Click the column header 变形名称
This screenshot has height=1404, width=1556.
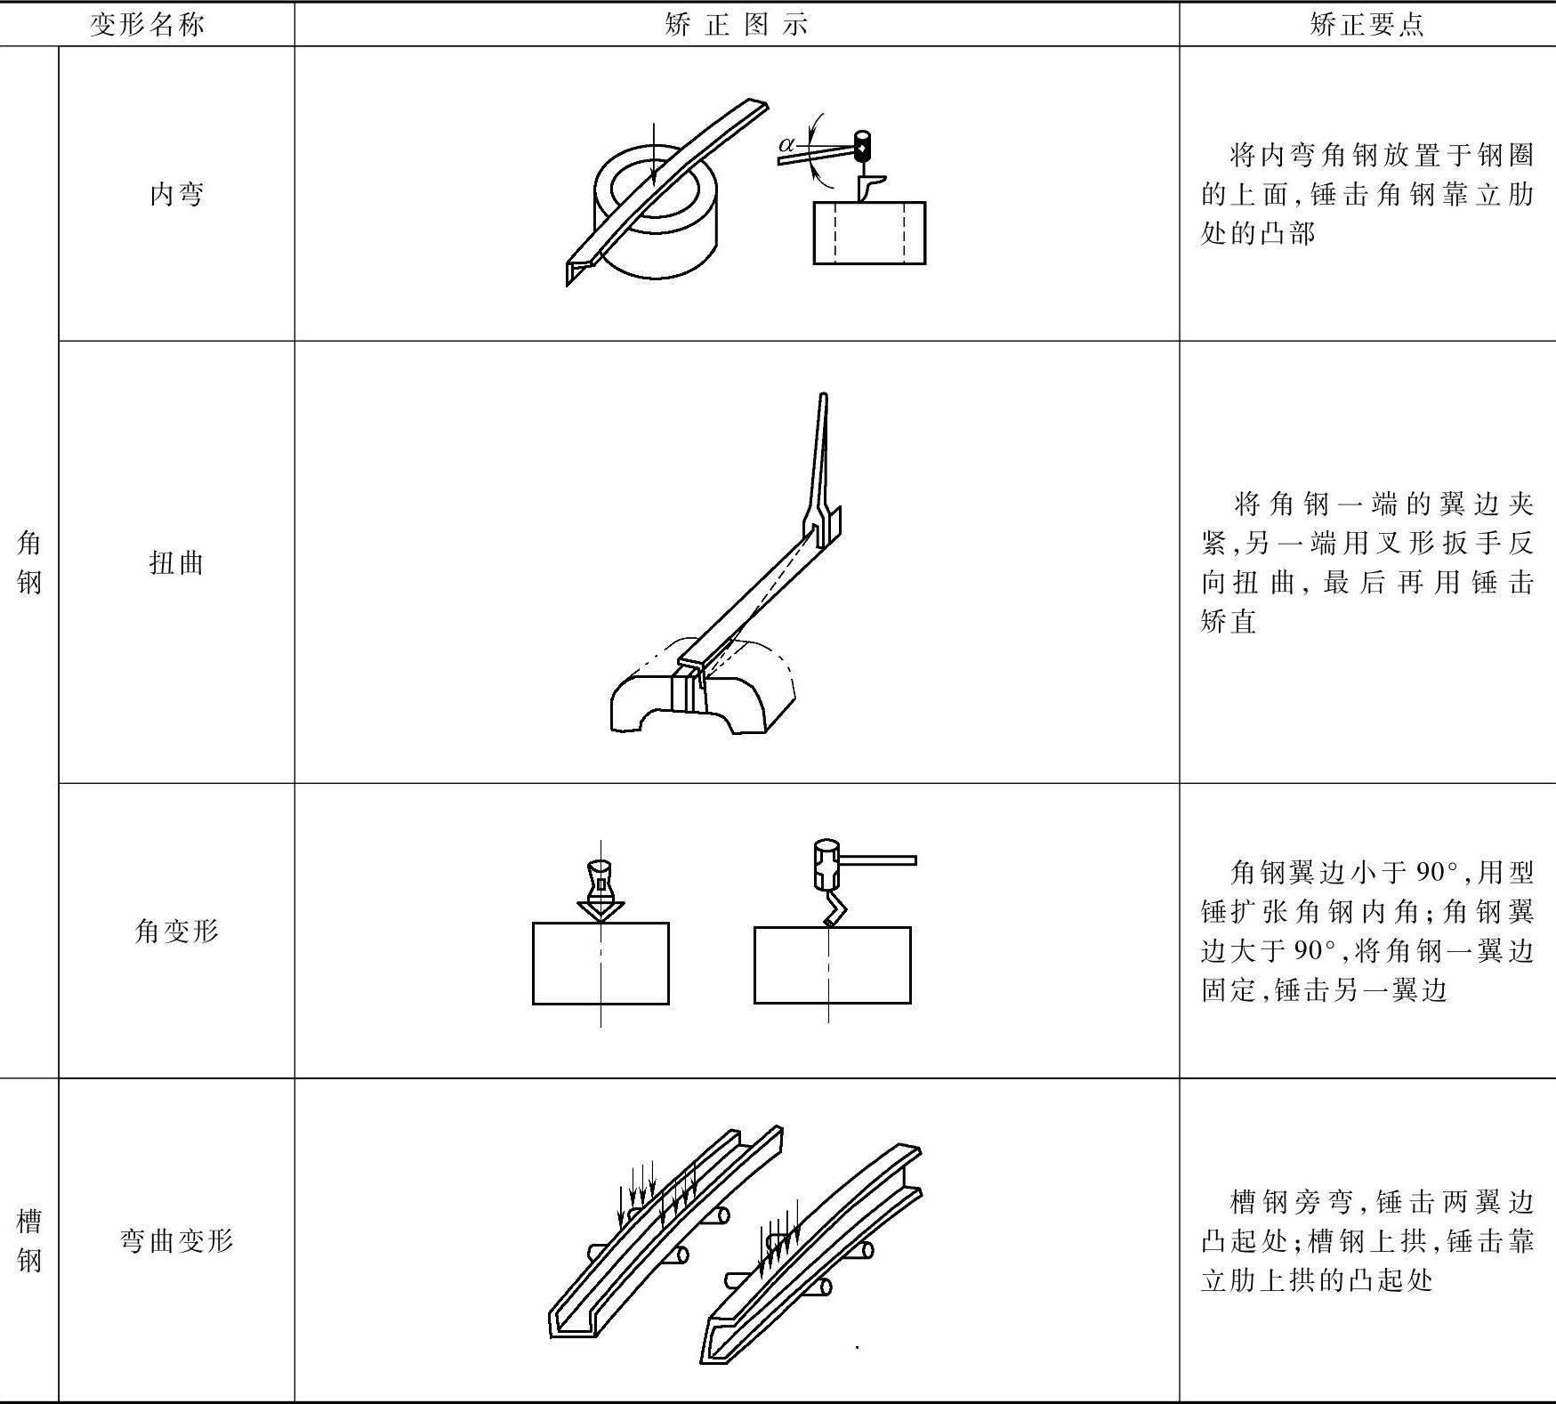click(147, 24)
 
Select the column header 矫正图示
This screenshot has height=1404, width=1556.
click(737, 24)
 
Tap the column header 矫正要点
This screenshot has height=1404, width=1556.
click(1367, 24)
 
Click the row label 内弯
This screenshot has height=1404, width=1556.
click(176, 193)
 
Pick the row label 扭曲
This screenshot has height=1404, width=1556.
click(176, 562)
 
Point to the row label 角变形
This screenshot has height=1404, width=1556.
click(176, 931)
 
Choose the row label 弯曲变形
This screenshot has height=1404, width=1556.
click(176, 1239)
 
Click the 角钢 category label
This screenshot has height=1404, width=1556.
click(28, 562)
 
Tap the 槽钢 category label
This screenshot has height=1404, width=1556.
click(28, 1239)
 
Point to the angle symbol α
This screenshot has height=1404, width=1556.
click(786, 144)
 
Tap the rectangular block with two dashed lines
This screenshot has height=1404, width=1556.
click(869, 233)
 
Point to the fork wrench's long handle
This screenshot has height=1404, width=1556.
click(821, 454)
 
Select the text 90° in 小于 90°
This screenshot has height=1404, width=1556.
click(1437, 872)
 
